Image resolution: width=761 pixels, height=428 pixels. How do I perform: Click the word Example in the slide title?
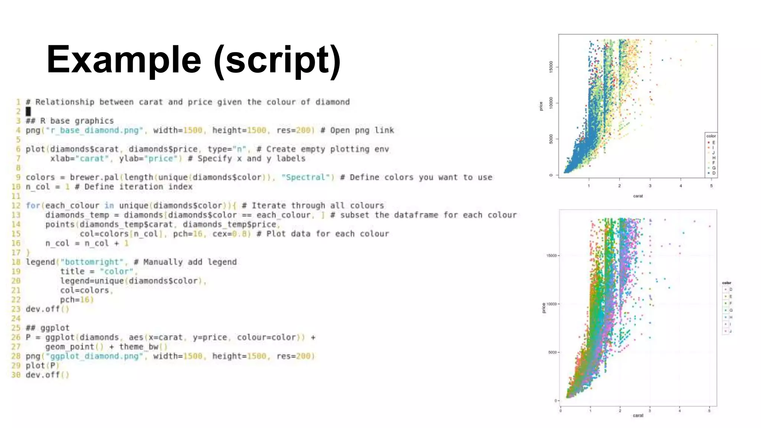coord(124,59)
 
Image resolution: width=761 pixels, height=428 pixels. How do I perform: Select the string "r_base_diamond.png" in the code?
coord(94,130)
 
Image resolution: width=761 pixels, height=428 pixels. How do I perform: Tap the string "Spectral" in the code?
coord(308,177)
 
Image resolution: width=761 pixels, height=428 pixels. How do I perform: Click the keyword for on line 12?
coord(33,205)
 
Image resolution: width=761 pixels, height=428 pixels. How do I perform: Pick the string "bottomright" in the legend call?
coord(92,262)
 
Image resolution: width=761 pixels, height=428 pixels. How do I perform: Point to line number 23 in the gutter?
coord(16,309)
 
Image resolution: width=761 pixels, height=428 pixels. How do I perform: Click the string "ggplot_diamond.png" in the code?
coord(94,356)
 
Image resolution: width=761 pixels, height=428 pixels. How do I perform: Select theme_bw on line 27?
coord(139,347)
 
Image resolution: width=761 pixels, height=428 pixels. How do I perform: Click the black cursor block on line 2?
coord(28,111)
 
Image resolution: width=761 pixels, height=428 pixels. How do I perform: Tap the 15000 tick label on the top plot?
coord(551,67)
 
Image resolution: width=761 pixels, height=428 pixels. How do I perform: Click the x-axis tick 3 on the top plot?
coord(650,186)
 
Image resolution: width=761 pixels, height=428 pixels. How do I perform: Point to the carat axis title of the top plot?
coord(638,196)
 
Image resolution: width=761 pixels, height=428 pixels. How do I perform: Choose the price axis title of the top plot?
coord(541,106)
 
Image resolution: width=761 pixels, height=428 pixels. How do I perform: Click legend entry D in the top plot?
coord(713,173)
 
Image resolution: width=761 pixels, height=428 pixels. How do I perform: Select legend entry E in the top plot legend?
coord(713,142)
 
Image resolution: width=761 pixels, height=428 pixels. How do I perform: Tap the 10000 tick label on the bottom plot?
coord(551,304)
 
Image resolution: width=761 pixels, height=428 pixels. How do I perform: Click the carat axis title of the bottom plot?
coord(638,415)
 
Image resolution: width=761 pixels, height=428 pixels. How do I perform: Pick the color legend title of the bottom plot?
coord(726,283)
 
